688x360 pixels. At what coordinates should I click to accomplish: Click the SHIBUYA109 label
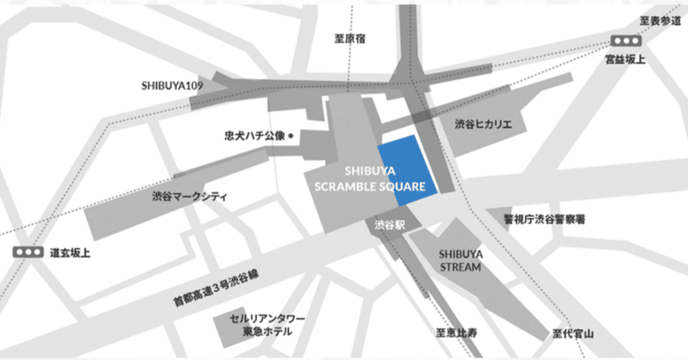168,85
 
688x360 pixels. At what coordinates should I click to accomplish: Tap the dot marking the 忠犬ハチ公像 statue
291,136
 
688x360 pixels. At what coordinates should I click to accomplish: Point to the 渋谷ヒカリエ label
483,125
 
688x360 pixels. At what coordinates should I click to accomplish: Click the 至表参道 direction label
660,21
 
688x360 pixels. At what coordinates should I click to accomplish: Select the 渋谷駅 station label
390,224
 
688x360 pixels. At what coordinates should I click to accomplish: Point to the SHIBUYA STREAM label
461,260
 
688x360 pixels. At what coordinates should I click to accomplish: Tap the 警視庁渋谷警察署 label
544,219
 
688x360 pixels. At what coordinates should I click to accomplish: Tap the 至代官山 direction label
573,334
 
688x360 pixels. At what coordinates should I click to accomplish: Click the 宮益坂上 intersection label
626,59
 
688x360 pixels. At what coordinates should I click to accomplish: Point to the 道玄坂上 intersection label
70,253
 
